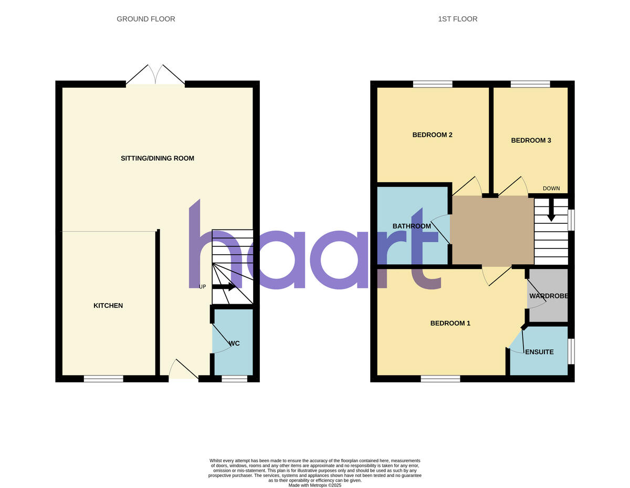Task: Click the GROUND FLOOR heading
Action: pos(146,19)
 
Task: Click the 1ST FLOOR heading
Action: pos(458,19)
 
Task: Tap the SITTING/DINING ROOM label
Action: pos(157,158)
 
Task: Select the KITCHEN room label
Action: pos(108,305)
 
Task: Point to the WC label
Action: pos(235,343)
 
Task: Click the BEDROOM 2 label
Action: pos(433,134)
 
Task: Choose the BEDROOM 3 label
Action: pos(531,140)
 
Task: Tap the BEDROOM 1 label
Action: pos(450,323)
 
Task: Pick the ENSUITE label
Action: pos(540,352)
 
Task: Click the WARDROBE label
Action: pos(549,296)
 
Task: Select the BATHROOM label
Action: pos(412,226)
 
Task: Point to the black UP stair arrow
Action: pos(224,286)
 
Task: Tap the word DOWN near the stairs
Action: pos(551,189)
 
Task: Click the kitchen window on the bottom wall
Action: pos(103,378)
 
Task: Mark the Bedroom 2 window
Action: pos(433,84)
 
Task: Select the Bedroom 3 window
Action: pos(530,84)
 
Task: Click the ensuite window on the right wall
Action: pos(571,351)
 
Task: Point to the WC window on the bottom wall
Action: pos(234,378)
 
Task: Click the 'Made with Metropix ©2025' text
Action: pos(315,485)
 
